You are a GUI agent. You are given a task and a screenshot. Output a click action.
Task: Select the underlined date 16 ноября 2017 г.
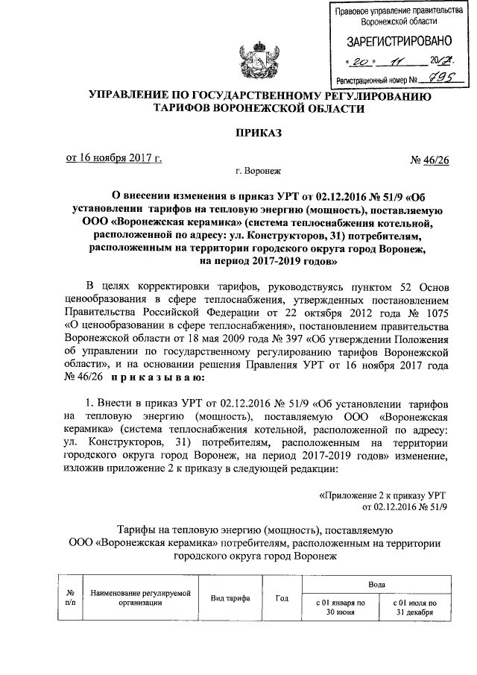click(114, 157)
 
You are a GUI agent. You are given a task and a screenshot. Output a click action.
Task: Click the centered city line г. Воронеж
click(257, 172)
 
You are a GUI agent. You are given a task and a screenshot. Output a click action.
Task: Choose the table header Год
click(282, 598)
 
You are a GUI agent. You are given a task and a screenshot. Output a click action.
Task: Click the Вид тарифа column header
click(230, 598)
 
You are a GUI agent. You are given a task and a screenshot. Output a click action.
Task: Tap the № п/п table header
click(70, 598)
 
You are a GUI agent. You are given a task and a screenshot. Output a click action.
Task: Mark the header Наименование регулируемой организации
click(141, 598)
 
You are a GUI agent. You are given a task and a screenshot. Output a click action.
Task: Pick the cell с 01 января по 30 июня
click(339, 606)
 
